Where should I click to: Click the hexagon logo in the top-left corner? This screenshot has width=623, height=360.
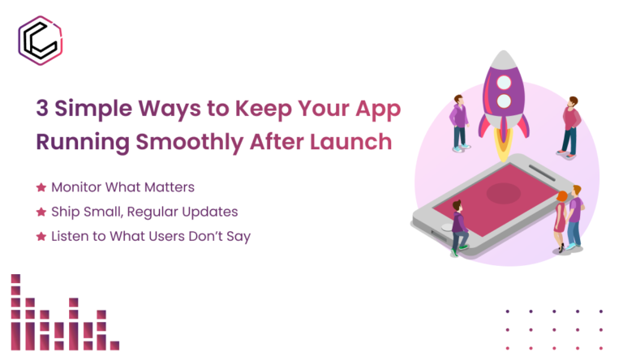coord(41,41)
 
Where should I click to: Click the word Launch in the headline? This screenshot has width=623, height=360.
coord(354,141)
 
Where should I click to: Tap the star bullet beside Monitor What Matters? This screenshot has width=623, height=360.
coord(41,187)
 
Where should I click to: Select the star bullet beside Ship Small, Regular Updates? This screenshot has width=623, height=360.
coord(41,212)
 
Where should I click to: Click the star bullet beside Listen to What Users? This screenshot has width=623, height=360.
coord(41,236)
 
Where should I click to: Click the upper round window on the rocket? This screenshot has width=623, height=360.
coord(503,81)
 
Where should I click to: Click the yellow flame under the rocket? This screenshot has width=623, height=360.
coord(503,146)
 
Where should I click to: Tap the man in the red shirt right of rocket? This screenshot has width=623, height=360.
coord(570,126)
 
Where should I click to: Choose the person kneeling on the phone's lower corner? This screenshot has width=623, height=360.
coord(459,227)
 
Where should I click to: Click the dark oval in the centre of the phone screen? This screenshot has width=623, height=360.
coord(503,192)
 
